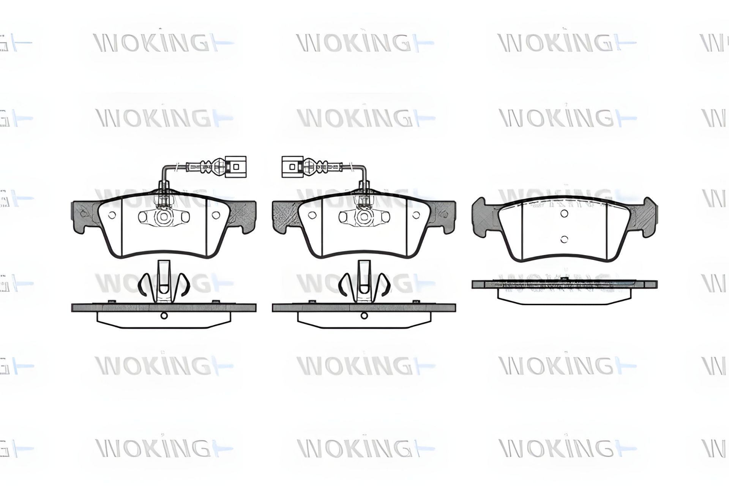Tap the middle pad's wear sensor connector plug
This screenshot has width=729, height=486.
292,167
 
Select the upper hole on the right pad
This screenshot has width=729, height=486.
564,214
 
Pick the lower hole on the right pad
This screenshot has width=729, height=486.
564,239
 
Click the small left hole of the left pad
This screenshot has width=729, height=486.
112,215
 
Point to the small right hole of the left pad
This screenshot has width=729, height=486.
216,215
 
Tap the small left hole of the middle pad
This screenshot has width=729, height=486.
312,215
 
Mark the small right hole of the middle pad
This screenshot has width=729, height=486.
417,215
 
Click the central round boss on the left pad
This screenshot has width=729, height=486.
164,217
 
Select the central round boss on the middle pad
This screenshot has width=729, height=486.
364,217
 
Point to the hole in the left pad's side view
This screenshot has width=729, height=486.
164,315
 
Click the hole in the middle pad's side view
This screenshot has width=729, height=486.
364,315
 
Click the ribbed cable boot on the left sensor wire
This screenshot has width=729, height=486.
207,166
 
